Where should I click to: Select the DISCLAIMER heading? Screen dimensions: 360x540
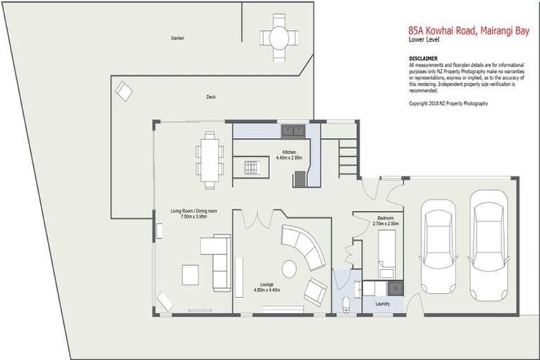(x=423, y=58)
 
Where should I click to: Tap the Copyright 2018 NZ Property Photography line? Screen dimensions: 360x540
(x=448, y=103)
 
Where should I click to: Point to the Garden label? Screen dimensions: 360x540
(x=177, y=38)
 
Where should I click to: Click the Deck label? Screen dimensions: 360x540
(x=210, y=97)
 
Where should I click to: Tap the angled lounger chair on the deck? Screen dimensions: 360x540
(x=124, y=90)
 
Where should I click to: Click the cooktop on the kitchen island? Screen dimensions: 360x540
(x=251, y=167)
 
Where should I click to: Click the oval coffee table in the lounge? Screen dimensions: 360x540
(x=289, y=267)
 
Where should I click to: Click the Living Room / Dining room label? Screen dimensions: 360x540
(x=193, y=214)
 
